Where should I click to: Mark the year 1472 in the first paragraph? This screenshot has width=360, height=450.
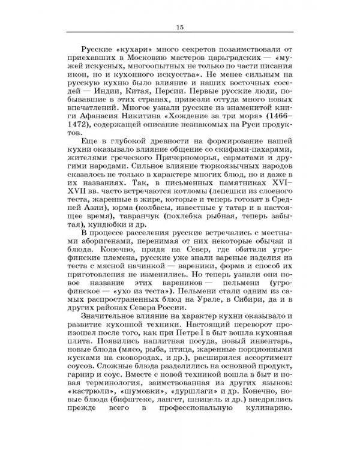point(85,136)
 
